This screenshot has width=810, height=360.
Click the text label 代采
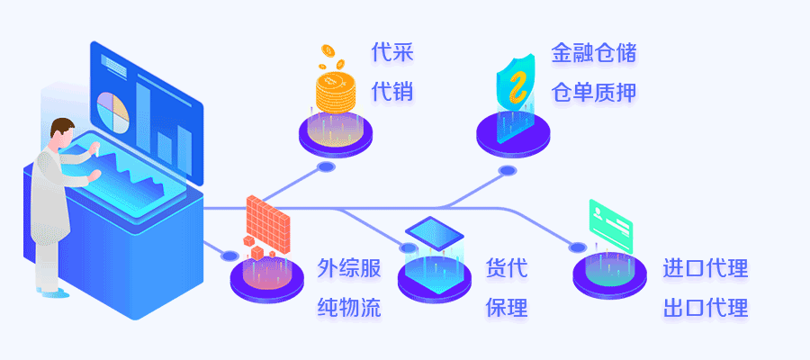[392, 52]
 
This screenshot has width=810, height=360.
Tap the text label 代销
[392, 92]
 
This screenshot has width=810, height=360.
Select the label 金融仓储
[594, 52]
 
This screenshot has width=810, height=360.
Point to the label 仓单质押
[594, 92]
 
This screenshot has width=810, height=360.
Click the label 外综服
[349, 268]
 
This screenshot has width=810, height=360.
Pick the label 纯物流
[349, 308]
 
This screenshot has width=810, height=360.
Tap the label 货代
[506, 268]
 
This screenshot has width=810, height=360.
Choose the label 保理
[506, 308]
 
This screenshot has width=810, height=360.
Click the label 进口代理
[706, 268]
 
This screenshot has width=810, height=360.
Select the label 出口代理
[706, 308]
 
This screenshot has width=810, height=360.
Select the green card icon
[610, 220]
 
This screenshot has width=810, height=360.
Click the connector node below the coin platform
[326, 166]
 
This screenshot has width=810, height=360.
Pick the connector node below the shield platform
[508, 170]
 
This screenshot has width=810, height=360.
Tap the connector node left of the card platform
[577, 247]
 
